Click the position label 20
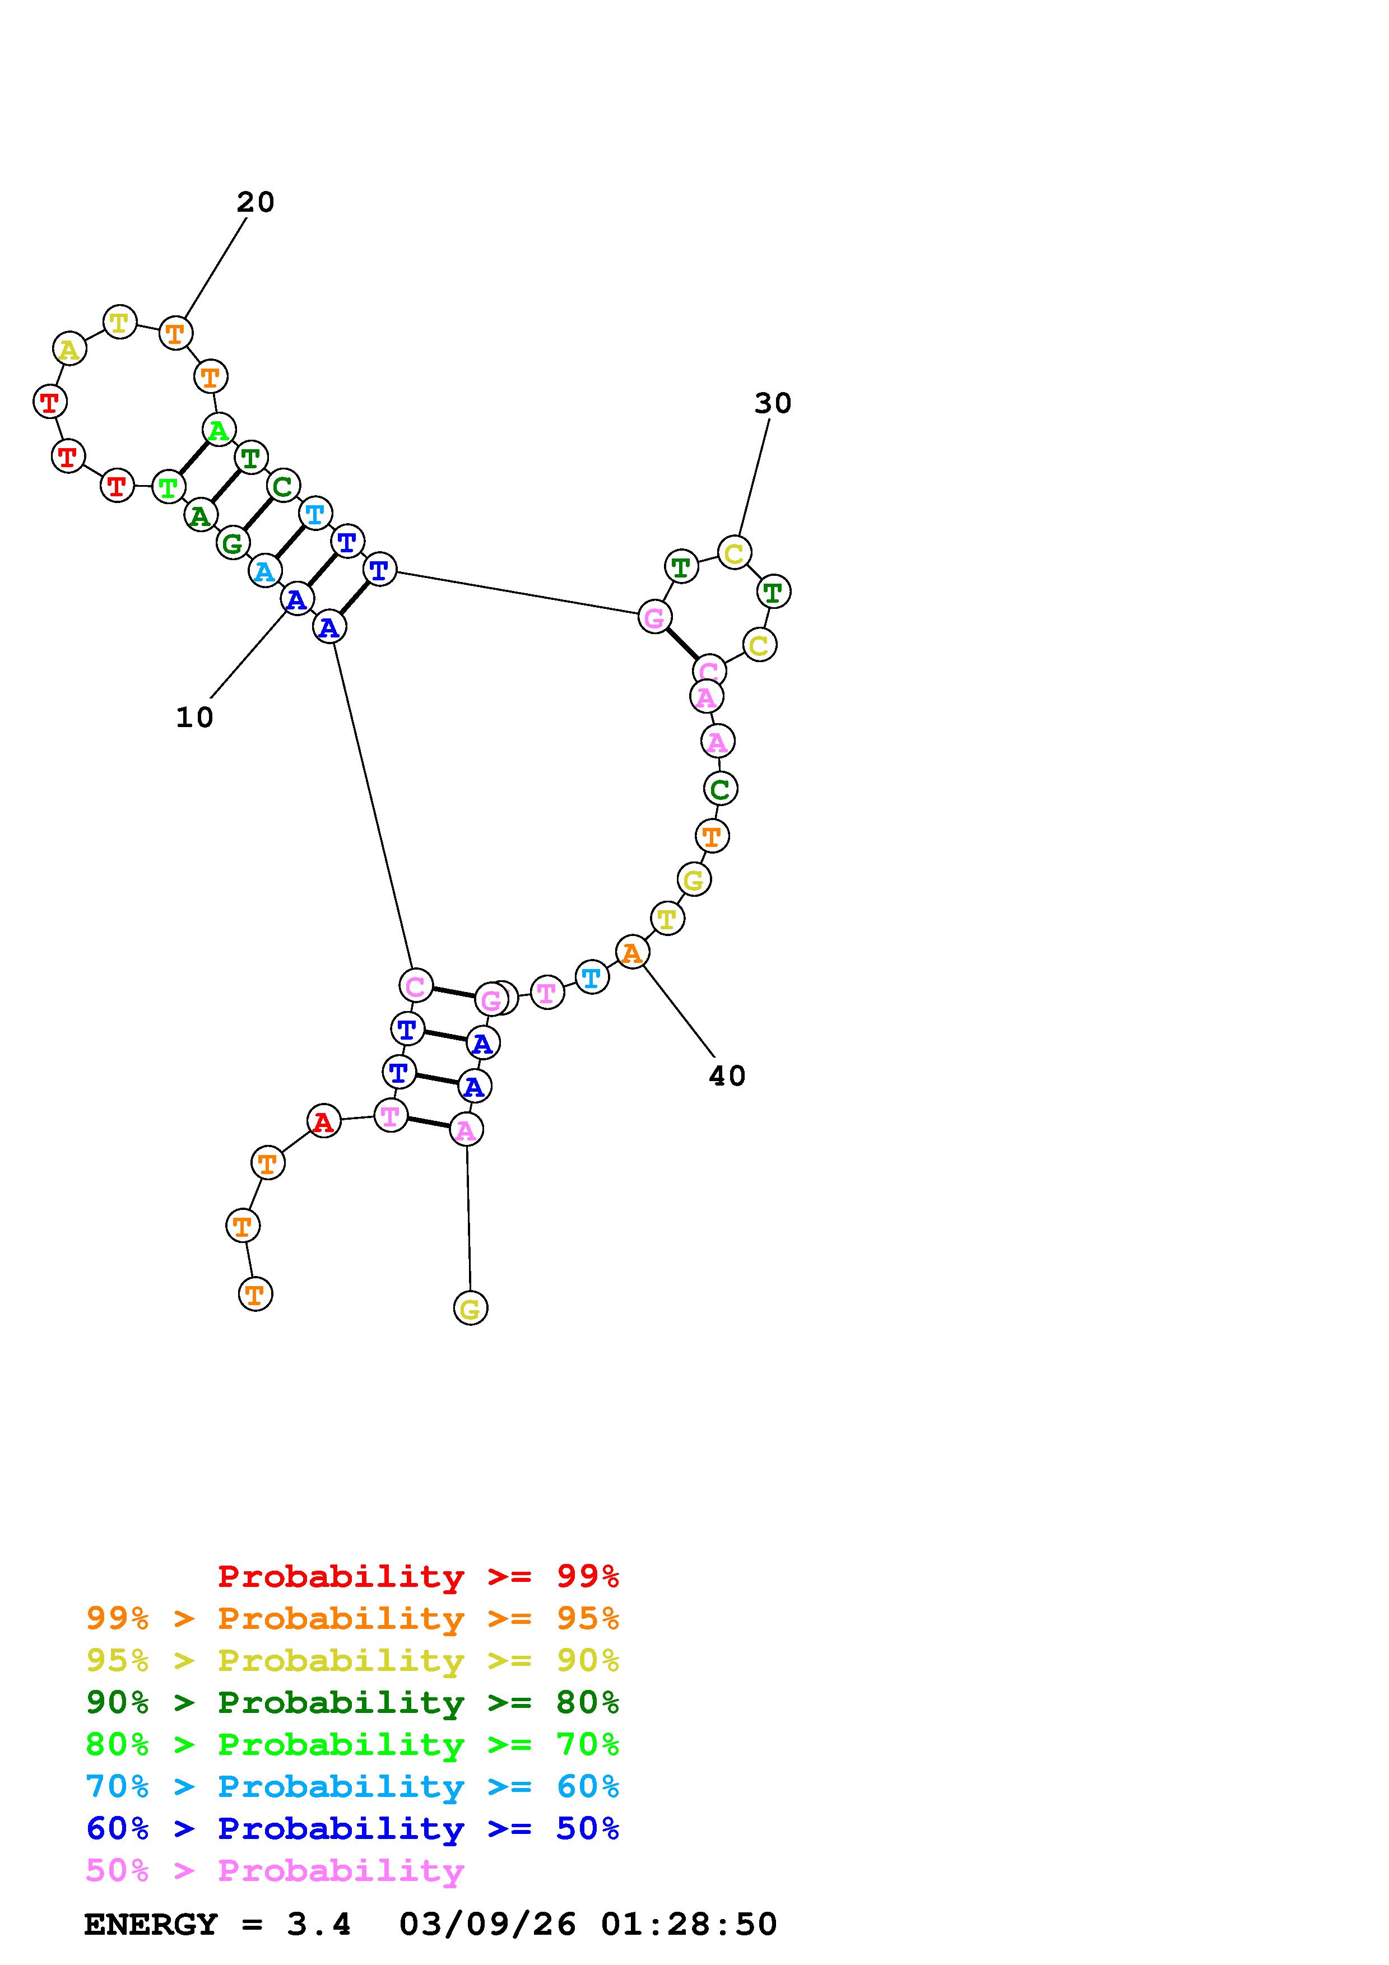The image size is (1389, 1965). (x=255, y=203)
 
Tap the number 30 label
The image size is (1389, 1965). (x=773, y=403)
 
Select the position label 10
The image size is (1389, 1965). (x=194, y=717)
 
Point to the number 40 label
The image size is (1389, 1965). (x=727, y=1076)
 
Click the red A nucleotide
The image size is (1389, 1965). (x=323, y=1121)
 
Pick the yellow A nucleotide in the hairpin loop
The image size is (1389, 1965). (x=69, y=349)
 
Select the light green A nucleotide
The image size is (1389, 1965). (x=219, y=430)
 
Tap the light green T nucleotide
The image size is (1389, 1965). (x=169, y=487)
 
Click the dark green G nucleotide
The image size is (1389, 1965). (x=232, y=543)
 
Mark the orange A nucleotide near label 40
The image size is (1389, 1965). (x=631, y=952)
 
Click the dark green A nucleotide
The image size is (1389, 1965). (x=200, y=515)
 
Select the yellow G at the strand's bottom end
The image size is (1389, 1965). (x=470, y=1308)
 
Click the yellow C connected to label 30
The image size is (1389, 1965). (x=733, y=553)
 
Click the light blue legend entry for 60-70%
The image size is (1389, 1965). (x=352, y=1786)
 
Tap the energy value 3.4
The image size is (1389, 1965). (x=318, y=1925)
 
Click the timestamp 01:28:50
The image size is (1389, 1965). (x=689, y=1925)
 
